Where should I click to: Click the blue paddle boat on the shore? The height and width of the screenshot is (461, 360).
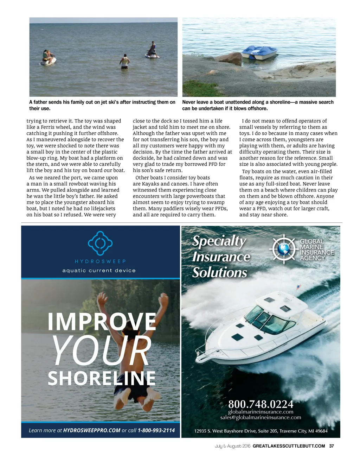click(259, 52)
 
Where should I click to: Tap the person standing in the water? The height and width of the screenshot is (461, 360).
click(124, 62)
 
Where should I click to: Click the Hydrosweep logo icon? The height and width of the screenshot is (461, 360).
click(100, 243)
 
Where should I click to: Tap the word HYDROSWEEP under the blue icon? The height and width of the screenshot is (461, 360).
click(100, 261)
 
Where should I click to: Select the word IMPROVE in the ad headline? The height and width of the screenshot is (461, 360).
click(102, 322)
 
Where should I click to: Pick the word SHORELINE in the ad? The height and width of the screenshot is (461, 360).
click(102, 379)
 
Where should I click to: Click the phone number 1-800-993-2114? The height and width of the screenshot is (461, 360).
click(156, 430)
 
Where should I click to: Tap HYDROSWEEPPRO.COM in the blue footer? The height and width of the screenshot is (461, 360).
click(92, 430)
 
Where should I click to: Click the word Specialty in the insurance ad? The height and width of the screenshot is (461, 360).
click(219, 241)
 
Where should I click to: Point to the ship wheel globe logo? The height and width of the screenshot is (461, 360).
click(284, 249)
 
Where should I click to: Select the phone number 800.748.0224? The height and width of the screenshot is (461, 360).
click(261, 404)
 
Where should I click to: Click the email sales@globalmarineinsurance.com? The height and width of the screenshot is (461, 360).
click(261, 418)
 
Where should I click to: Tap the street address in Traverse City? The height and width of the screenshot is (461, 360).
click(261, 431)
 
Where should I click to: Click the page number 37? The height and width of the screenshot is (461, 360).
click(331, 446)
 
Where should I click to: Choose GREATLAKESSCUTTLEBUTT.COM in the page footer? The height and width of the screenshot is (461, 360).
click(289, 446)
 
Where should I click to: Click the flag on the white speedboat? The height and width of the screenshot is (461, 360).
click(299, 287)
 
